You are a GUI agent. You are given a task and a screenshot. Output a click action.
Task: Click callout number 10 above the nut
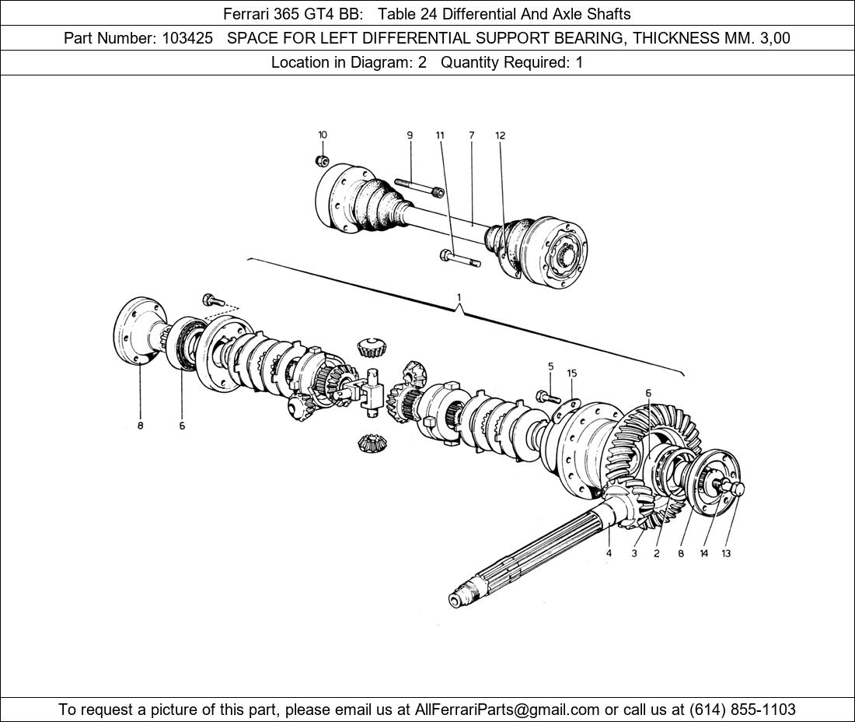coord(323,135)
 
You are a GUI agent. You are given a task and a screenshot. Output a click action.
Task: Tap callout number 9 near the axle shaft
coord(410,135)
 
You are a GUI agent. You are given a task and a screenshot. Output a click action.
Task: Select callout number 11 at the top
coord(440,135)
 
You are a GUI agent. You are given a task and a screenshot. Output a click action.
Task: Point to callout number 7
coord(471,135)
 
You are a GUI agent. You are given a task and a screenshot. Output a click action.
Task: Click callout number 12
coord(501,135)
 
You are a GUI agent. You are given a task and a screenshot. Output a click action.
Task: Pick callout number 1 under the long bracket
coord(459,297)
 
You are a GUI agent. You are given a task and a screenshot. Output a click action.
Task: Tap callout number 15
coord(572,373)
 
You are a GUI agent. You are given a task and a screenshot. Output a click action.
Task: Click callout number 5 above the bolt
coord(550,366)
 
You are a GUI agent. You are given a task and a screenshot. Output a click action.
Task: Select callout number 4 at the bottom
coord(609,554)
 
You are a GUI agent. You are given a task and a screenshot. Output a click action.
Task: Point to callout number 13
coord(726,554)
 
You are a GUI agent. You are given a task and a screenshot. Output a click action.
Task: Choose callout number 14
coord(703,554)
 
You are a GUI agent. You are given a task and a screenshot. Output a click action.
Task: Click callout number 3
coord(634,554)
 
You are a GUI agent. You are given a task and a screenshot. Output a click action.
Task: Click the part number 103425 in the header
coord(187,38)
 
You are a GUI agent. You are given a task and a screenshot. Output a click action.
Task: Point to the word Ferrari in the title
coord(248,13)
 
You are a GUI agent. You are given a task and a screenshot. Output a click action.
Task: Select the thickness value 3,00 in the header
coord(773,38)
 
